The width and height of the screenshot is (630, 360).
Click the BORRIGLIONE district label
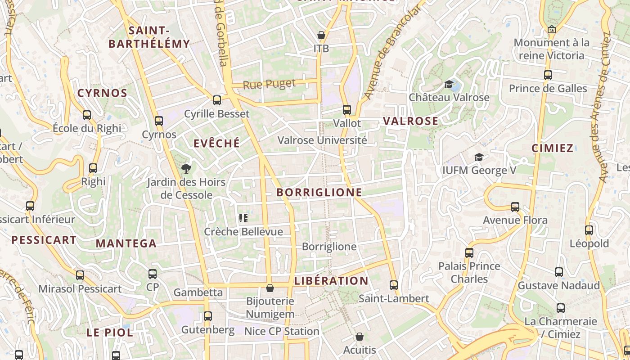(x=319, y=193)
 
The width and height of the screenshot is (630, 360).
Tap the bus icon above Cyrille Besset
(x=217, y=100)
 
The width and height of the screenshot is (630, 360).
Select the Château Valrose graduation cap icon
(x=449, y=84)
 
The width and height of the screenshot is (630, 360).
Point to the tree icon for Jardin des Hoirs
(x=186, y=169)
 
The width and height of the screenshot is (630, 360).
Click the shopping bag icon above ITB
(x=321, y=35)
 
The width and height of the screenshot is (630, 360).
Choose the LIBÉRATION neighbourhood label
(x=331, y=281)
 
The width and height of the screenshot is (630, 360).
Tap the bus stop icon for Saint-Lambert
(x=394, y=285)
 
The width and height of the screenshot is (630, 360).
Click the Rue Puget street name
(x=269, y=84)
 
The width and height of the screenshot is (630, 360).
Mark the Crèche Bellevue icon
(x=243, y=218)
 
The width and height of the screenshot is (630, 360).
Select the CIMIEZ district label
(x=552, y=148)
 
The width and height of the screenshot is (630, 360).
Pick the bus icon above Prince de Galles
(x=548, y=75)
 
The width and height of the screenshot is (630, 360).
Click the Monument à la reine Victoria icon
(x=552, y=30)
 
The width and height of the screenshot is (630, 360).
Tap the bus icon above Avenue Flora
(x=515, y=207)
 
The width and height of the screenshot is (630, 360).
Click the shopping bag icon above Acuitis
(x=359, y=337)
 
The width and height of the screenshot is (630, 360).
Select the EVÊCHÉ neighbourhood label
(x=216, y=144)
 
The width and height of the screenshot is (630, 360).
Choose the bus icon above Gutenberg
(x=207, y=316)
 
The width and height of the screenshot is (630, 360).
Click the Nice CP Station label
(x=282, y=332)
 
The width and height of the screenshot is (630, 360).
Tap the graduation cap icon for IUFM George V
(x=479, y=157)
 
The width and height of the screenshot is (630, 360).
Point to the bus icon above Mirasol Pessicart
(x=80, y=275)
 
